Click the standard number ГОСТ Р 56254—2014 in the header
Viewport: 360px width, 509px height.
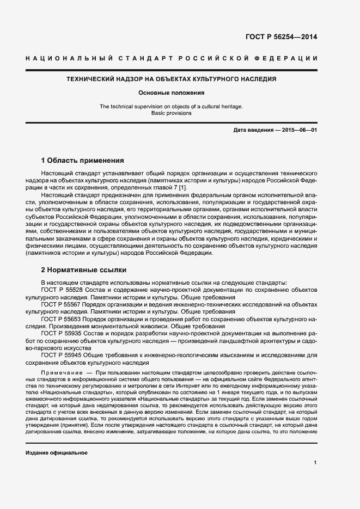pos(282,38)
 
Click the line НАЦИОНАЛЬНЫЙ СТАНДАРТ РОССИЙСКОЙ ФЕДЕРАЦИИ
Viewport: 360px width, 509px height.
pos(172,58)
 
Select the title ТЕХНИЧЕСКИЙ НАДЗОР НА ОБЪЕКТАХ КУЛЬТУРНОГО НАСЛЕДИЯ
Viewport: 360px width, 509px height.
pos(171,79)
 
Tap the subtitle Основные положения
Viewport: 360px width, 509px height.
pos(171,93)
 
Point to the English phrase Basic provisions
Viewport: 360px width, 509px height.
pos(171,113)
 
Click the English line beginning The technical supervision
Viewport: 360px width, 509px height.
pos(171,106)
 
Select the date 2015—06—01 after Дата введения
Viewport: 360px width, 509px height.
pos(298,131)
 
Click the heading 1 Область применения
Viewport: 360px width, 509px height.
pos(83,161)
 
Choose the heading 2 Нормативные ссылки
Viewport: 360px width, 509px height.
pos(84,269)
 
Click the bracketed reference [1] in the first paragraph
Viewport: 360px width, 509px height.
pos(182,187)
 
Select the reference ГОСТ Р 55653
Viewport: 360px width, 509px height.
pos(60,319)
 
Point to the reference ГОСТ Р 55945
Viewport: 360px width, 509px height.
pos(60,354)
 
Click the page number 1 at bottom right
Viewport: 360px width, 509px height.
pos(315,463)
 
